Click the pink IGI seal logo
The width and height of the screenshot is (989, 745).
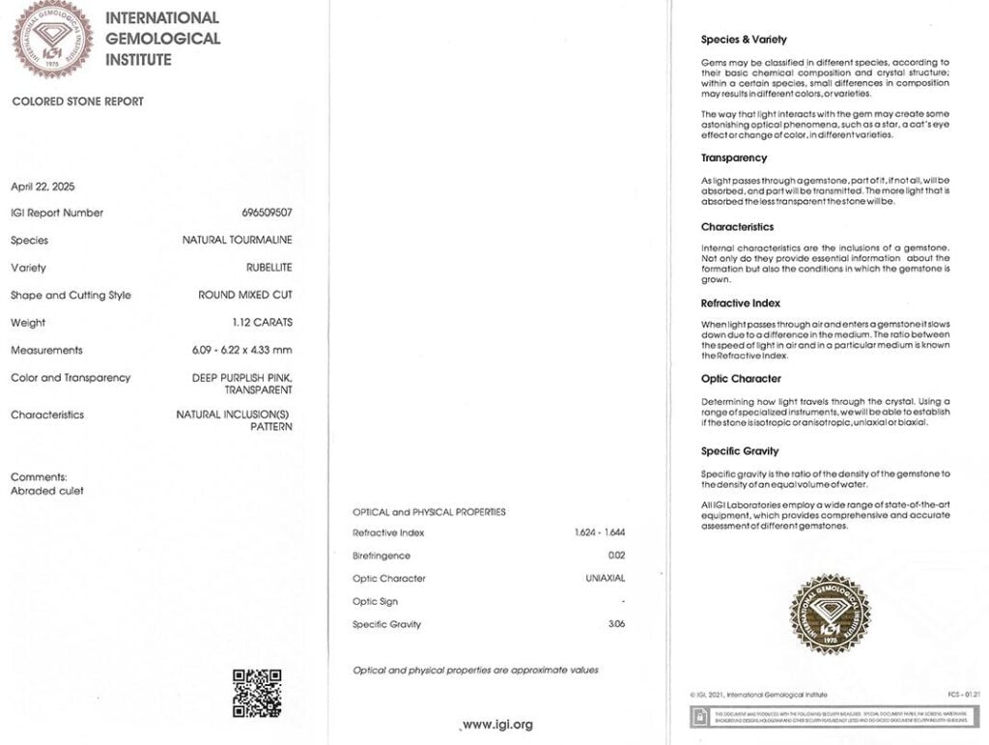point(52,40)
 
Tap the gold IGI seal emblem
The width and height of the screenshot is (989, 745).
point(829,614)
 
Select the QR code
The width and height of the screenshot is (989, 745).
point(257,692)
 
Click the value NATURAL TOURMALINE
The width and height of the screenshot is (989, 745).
point(238,240)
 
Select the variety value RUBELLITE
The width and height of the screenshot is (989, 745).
point(268,268)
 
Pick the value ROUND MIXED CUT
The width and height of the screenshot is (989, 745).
point(245,295)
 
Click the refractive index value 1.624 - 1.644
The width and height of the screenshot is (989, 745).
point(600,532)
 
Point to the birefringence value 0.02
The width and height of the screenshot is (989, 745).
point(616,556)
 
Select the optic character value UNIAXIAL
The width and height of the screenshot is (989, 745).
point(606,578)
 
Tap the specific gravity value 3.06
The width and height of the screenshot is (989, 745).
point(616,624)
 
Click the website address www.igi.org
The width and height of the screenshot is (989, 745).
point(496,725)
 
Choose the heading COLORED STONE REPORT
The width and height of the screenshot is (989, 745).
point(77,101)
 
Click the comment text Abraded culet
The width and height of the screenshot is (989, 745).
point(46,491)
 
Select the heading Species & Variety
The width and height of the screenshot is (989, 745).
point(744,40)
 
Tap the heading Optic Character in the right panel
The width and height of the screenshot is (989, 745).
point(741,379)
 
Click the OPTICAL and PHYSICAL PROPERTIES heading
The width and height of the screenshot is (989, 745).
point(429,512)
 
